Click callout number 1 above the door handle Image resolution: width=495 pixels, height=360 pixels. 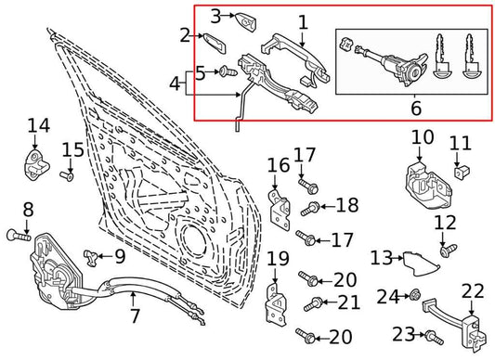[301, 19]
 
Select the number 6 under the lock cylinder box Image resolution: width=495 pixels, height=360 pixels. [415, 108]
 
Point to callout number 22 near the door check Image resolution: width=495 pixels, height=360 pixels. [473, 291]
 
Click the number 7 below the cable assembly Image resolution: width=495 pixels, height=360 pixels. [136, 317]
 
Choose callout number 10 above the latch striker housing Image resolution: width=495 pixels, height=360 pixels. [422, 137]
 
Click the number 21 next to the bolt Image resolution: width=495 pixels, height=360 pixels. [349, 302]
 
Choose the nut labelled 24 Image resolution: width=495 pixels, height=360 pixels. [417, 297]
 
